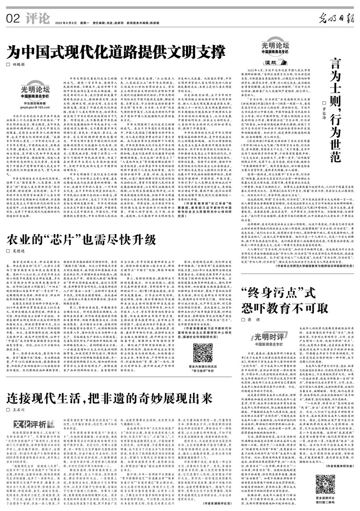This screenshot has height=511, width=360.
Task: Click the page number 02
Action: pyautogui.click(x=13, y=19)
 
